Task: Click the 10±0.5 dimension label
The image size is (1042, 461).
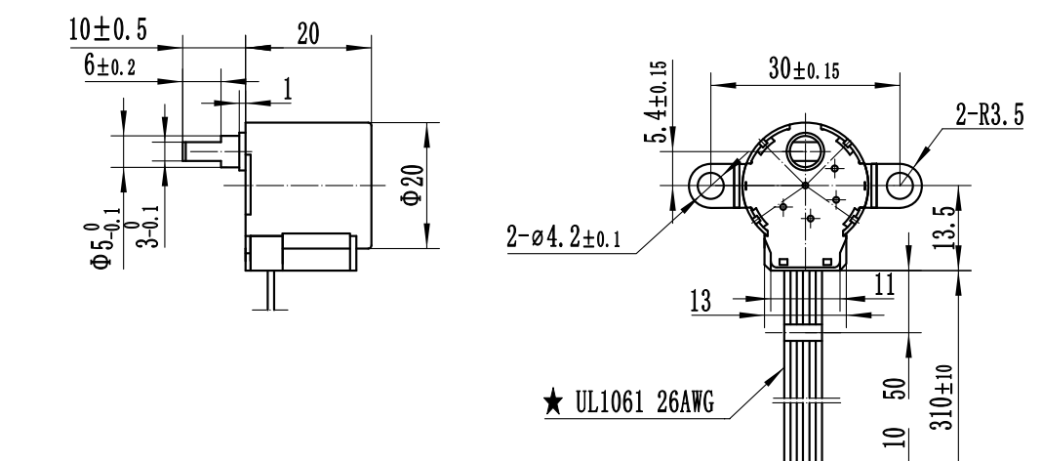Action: click(x=107, y=30)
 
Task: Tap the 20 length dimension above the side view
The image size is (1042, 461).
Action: click(x=308, y=33)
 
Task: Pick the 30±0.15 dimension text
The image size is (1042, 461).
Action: click(x=803, y=70)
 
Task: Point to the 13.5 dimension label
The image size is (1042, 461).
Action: click(x=943, y=227)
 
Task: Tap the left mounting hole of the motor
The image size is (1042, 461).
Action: click(x=711, y=183)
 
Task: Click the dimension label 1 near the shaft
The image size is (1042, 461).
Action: click(x=287, y=88)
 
